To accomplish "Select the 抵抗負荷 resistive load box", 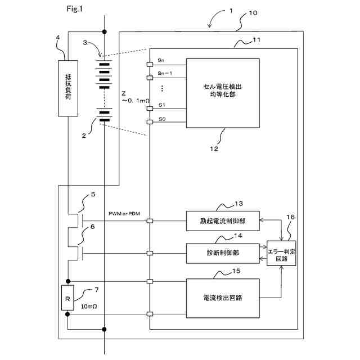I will pos(67,87).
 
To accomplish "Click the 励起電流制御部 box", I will pos(223,221).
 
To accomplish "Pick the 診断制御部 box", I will pos(223,253).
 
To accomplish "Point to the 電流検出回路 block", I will pos(223,296).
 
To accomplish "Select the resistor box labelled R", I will pos(67,298).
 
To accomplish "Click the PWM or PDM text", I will pos(125,214).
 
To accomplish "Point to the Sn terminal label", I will pos(162,60).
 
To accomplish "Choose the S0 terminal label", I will pos(162,119).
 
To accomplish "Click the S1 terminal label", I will pos(162,105).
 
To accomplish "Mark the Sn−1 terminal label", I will pos(165,73).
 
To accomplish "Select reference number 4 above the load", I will pos(58,38).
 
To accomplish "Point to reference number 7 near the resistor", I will pos(96,290).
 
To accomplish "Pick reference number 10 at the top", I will pos(253,12).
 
